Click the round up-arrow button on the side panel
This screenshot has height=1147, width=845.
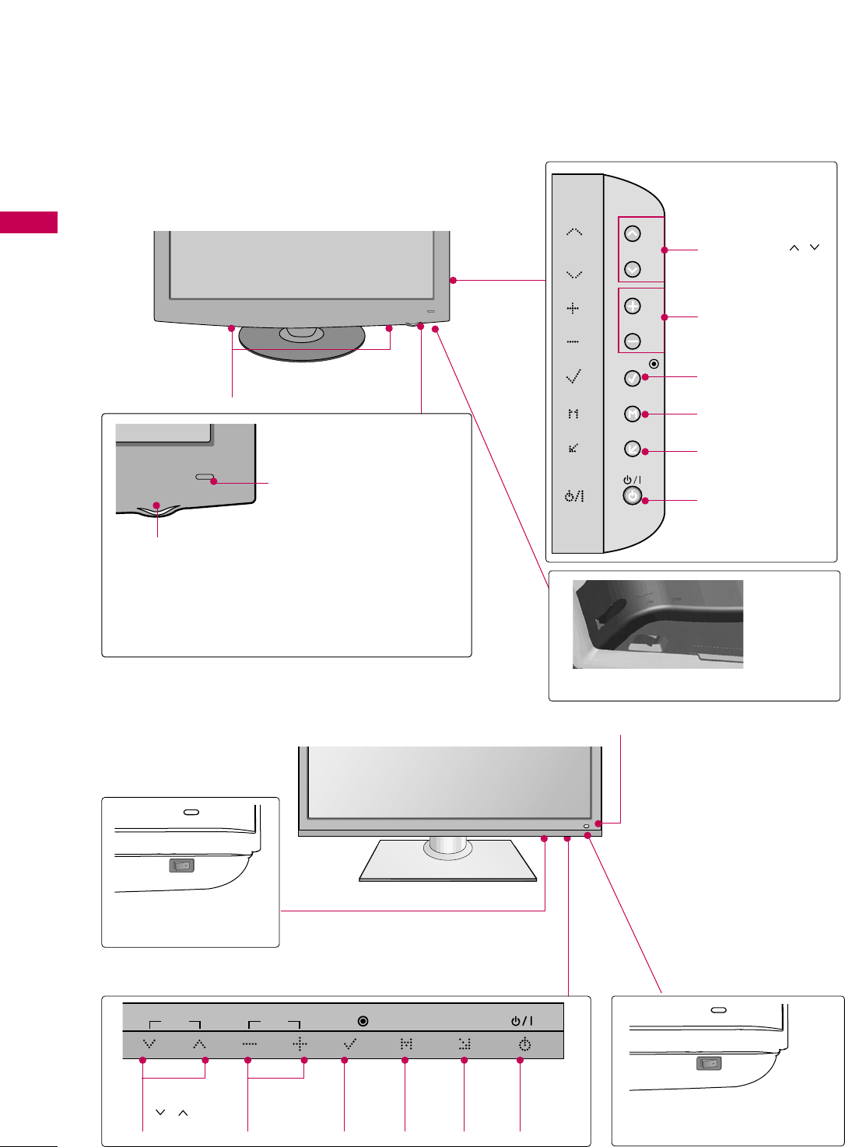tap(633, 233)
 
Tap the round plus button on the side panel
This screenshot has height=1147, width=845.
tap(633, 306)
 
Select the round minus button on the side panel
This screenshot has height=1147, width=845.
tap(633, 341)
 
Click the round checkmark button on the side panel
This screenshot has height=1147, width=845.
tap(633, 378)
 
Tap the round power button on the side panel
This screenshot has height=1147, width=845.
tap(633, 495)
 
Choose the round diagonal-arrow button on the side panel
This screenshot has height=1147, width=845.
tap(633, 449)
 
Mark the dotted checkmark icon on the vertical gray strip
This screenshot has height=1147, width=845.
tap(573, 377)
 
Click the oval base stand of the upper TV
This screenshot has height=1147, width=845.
tap(302, 343)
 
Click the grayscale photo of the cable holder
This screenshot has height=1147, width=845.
tap(657, 624)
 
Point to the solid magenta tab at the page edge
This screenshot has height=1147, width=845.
tap(29, 222)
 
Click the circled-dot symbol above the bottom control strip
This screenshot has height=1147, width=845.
tap(363, 1021)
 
